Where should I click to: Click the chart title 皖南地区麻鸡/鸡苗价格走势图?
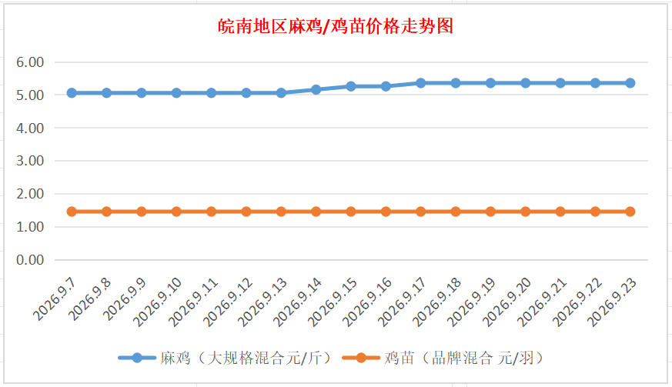tap(336, 27)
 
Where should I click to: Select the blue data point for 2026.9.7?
tap(72, 93)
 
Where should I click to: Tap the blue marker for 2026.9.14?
tap(316, 89)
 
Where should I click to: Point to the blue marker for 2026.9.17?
tap(421, 83)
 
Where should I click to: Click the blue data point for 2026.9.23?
tap(630, 83)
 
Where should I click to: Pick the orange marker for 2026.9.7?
tap(72, 212)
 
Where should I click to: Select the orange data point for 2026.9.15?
tap(351, 212)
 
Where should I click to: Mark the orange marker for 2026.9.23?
tap(630, 212)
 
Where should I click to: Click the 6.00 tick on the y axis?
tap(30, 62)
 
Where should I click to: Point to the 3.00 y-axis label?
tap(30, 161)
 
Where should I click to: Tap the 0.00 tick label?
tap(30, 260)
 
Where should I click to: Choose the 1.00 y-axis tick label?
tap(30, 227)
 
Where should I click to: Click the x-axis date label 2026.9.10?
tap(158, 302)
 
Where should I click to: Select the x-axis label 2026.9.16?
tap(367, 302)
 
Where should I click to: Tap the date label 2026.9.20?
tap(507, 302)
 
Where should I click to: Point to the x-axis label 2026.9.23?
tap(611, 302)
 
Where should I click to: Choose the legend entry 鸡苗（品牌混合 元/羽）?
tap(444, 358)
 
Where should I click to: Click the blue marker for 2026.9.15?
tap(351, 86)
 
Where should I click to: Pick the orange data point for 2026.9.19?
tap(490, 212)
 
